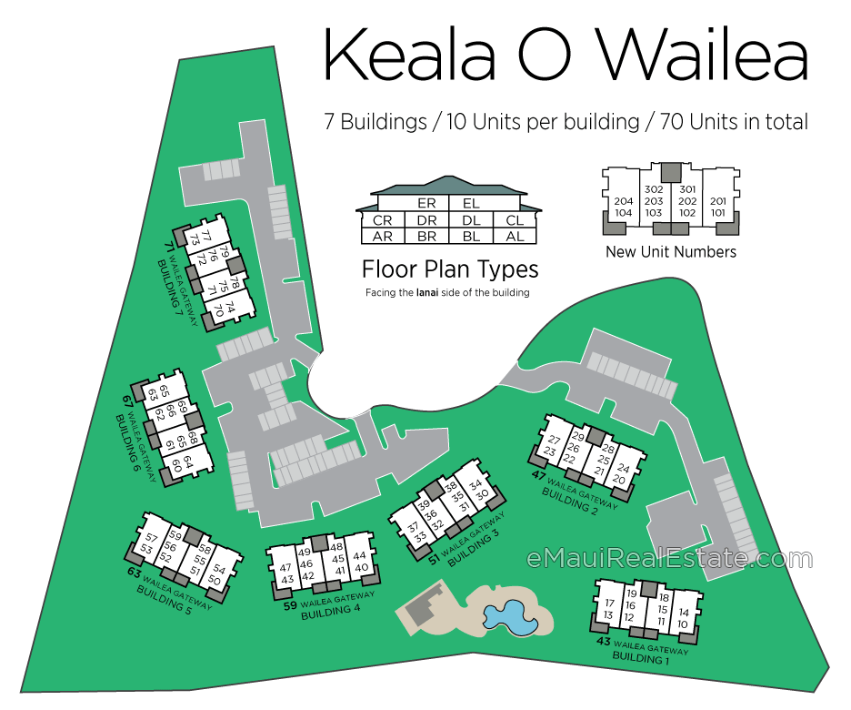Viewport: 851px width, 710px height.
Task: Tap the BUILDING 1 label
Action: [x=640, y=659]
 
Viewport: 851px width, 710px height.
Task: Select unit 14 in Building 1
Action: [x=684, y=613]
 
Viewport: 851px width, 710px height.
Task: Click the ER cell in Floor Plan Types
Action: [x=426, y=203]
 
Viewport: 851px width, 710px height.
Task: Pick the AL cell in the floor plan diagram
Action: [x=515, y=237]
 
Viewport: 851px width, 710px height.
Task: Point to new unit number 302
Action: [x=654, y=189]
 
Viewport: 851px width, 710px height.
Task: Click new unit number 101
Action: [x=718, y=213]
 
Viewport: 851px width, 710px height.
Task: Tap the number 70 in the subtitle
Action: [x=672, y=122]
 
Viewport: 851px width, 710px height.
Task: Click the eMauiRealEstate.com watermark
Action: [x=670, y=558]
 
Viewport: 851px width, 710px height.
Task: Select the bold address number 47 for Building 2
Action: [x=538, y=475]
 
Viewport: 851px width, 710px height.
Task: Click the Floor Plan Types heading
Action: [x=450, y=269]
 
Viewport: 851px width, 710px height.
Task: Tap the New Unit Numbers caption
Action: [x=671, y=251]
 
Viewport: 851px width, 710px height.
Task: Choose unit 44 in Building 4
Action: [x=359, y=556]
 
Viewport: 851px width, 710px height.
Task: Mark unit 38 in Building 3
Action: [x=450, y=487]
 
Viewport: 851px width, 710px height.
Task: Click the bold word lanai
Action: [x=427, y=292]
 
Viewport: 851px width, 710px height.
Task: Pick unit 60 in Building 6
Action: [x=175, y=465]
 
